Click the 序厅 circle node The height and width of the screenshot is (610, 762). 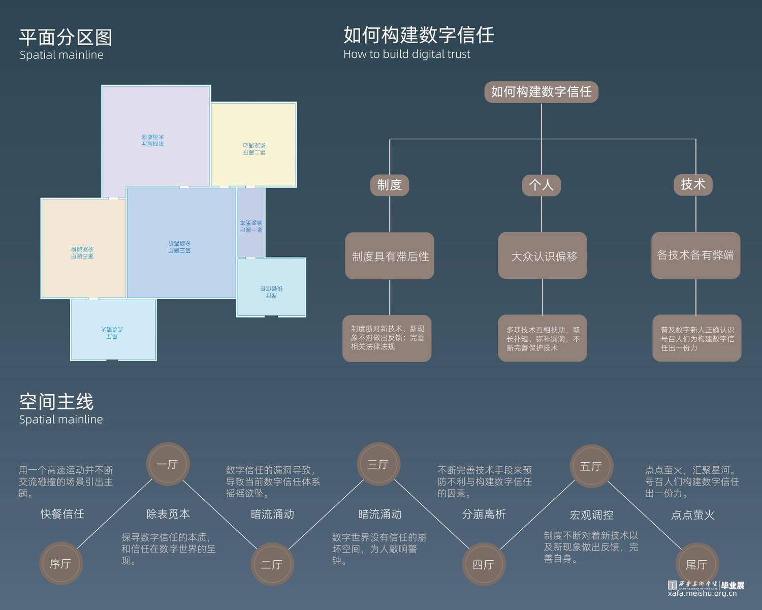[x=60, y=563]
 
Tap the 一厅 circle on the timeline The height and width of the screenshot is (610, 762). [x=167, y=464]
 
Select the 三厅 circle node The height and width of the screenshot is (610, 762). [x=378, y=464]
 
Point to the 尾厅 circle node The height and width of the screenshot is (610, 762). [x=697, y=564]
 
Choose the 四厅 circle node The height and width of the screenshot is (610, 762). [x=484, y=564]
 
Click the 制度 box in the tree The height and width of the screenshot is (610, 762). [x=390, y=185]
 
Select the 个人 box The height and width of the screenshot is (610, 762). [x=541, y=185]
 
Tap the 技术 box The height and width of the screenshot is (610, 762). [x=693, y=184]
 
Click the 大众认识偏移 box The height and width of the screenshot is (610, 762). [x=543, y=256]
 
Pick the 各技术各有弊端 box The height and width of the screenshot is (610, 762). [x=695, y=255]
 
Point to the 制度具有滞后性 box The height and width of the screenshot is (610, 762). [x=390, y=256]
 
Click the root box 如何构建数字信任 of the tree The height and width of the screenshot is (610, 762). [x=541, y=92]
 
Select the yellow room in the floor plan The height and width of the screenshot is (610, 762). [x=253, y=145]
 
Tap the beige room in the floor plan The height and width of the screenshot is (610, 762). [x=83, y=248]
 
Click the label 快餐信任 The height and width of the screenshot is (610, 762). [x=62, y=514]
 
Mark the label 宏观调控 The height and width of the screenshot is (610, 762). [x=591, y=515]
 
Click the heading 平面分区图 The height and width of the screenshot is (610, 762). [x=66, y=38]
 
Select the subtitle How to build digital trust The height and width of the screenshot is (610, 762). [x=407, y=54]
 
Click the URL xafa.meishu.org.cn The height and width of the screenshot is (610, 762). [x=702, y=593]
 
